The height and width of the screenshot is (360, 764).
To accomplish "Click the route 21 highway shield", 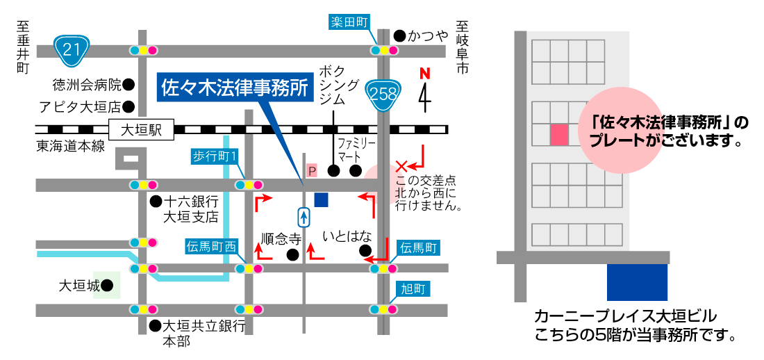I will (x=70, y=49).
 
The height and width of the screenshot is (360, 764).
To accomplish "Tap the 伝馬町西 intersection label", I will (x=212, y=246).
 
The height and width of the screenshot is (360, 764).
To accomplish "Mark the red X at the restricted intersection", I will (x=401, y=166).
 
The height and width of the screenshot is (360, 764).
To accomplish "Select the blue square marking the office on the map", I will (x=321, y=200).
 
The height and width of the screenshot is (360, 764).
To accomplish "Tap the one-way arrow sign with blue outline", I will (x=304, y=218).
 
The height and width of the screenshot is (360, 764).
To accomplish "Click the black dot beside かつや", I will (x=399, y=35).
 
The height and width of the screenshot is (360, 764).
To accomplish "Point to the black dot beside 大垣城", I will (x=107, y=286).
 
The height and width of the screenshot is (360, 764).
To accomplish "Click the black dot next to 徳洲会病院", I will (x=128, y=85).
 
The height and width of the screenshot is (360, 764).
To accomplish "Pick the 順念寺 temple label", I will (x=281, y=238).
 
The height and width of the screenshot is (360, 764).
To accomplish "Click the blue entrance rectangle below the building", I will (x=637, y=282).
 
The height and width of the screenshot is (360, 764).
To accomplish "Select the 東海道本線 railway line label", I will (x=71, y=146).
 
